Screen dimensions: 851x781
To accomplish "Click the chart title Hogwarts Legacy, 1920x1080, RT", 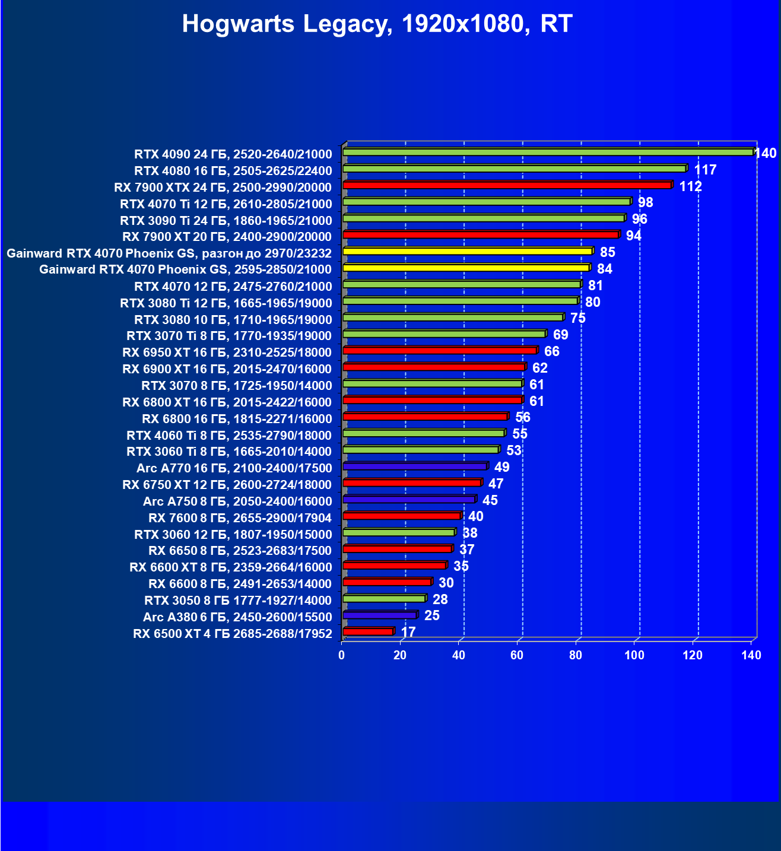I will point(377,24).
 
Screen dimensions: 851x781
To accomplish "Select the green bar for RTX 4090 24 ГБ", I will point(547,153).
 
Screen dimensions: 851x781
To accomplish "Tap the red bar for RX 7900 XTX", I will point(507,186).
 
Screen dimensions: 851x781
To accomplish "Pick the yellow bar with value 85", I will point(467,252).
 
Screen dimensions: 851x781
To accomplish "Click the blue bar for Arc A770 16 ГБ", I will point(415,466).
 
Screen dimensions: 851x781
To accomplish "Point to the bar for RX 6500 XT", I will point(368,631).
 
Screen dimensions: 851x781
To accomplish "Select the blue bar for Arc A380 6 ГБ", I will point(380,615).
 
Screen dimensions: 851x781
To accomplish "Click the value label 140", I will point(765,154).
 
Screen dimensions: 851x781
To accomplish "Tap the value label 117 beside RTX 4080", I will point(705,170).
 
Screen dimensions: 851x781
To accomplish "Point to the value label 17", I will point(408,632).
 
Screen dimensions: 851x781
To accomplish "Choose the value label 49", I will point(502,467).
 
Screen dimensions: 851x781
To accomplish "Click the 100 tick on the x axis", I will point(634,655).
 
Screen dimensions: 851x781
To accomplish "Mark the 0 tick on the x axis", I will point(341,655).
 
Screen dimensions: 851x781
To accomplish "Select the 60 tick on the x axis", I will point(517,655).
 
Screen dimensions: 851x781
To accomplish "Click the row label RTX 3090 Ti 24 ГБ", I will point(226,221).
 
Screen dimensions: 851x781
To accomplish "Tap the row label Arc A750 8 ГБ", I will point(237,501).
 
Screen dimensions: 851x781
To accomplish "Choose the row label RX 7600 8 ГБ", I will point(240,517).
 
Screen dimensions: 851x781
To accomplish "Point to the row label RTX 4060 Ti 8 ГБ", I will point(229,435).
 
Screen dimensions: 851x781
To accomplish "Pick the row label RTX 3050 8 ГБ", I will point(237,600).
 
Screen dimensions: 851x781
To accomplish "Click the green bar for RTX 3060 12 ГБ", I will point(399,533).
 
